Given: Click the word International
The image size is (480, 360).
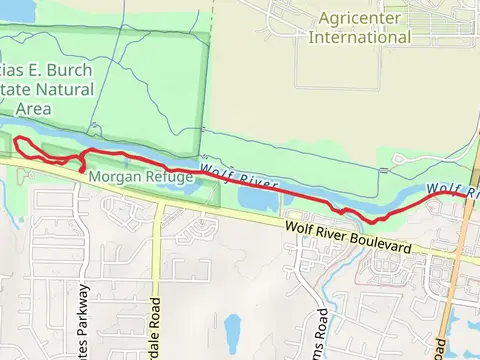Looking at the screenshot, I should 360,37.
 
